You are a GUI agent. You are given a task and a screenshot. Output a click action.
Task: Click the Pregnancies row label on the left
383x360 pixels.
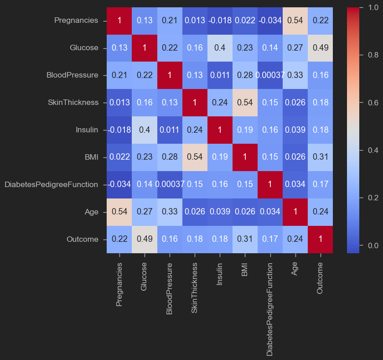(x=76, y=20)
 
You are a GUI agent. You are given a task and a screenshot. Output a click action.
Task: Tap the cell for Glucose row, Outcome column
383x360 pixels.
(x=320, y=48)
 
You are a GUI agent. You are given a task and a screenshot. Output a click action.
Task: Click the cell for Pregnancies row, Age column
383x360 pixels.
(x=295, y=21)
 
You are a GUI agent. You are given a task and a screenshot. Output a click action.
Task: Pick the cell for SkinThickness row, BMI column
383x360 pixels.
(x=245, y=103)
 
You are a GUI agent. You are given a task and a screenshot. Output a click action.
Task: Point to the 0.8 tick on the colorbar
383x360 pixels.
(x=367, y=55)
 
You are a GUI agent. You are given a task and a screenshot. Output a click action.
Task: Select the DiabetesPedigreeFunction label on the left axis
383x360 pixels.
(x=51, y=184)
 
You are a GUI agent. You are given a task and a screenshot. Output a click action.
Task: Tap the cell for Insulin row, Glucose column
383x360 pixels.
(x=144, y=130)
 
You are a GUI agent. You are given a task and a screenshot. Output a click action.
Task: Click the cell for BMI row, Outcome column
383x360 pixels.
(x=320, y=157)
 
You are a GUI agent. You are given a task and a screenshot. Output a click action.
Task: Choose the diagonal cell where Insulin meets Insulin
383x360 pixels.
(x=220, y=130)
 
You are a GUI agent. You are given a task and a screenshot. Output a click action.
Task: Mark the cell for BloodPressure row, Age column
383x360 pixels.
(x=295, y=75)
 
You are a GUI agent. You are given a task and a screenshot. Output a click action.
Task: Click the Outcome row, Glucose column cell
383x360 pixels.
(x=144, y=239)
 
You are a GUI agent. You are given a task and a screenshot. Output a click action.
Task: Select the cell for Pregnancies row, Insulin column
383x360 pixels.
(x=220, y=21)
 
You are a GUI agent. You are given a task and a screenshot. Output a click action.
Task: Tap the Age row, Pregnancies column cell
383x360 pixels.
(x=119, y=212)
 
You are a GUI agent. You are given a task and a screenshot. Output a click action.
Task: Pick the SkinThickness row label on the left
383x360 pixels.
(x=72, y=103)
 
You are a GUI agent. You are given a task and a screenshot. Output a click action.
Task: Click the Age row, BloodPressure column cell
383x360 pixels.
(x=169, y=212)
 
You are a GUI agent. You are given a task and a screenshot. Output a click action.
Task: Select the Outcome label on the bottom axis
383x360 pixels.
(x=320, y=278)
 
